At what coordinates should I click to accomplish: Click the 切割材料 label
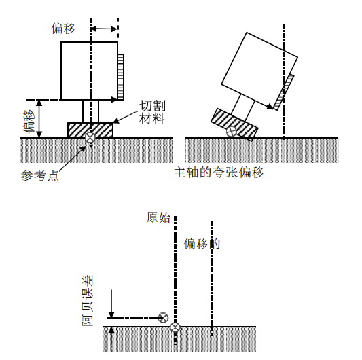(152, 112)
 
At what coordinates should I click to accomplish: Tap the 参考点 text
(39, 176)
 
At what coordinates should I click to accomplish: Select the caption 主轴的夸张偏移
(219, 173)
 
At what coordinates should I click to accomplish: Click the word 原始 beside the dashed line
(158, 217)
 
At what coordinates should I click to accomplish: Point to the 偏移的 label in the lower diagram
(202, 244)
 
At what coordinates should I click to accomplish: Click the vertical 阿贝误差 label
(88, 300)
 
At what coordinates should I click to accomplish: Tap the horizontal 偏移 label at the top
(63, 29)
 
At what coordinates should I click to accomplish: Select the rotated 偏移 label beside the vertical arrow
(29, 121)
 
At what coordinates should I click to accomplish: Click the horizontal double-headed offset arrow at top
(104, 29)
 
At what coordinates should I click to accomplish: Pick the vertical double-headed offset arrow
(39, 119)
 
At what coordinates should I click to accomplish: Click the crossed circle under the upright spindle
(90, 138)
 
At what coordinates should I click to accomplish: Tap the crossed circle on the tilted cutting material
(231, 131)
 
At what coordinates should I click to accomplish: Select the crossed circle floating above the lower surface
(163, 318)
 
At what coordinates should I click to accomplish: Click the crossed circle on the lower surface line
(175, 327)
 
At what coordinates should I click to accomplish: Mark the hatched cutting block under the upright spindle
(90, 130)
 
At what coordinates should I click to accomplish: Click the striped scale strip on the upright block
(121, 77)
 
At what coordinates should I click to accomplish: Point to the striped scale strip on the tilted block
(284, 92)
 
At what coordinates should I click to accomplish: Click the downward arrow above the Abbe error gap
(111, 304)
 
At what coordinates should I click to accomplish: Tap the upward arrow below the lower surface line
(111, 336)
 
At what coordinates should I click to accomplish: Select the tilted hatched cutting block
(234, 124)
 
